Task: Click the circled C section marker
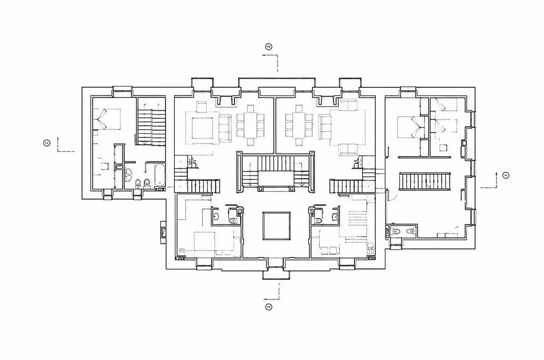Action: click(x=47, y=143)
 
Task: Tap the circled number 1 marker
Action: click(x=506, y=175)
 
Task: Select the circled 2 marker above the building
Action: click(x=269, y=47)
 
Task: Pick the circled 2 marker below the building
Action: click(x=269, y=307)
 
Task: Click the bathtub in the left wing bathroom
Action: click(x=160, y=175)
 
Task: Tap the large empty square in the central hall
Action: click(x=276, y=226)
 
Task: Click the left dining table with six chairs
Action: click(x=251, y=125)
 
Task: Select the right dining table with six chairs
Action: click(x=299, y=125)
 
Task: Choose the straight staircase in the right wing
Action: click(x=425, y=181)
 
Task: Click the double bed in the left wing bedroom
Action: click(x=107, y=119)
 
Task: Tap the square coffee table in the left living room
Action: click(x=202, y=128)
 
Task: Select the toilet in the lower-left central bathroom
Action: click(x=233, y=220)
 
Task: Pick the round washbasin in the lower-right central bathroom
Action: click(x=336, y=217)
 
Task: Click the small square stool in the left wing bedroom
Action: click(x=105, y=167)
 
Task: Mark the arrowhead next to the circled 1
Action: click(x=496, y=174)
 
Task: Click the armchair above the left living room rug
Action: click(x=201, y=107)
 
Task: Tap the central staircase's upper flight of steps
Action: click(x=276, y=163)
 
